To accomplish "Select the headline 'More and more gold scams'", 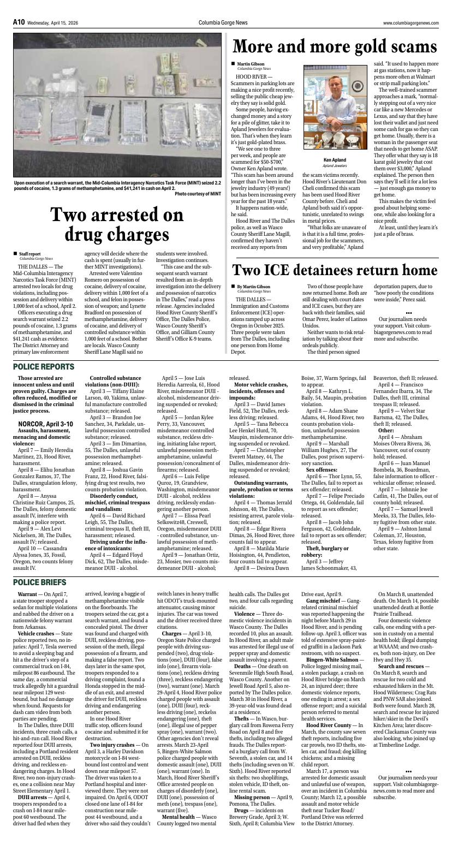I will (x=335, y=46).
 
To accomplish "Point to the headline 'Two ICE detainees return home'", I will (x=335, y=270).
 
